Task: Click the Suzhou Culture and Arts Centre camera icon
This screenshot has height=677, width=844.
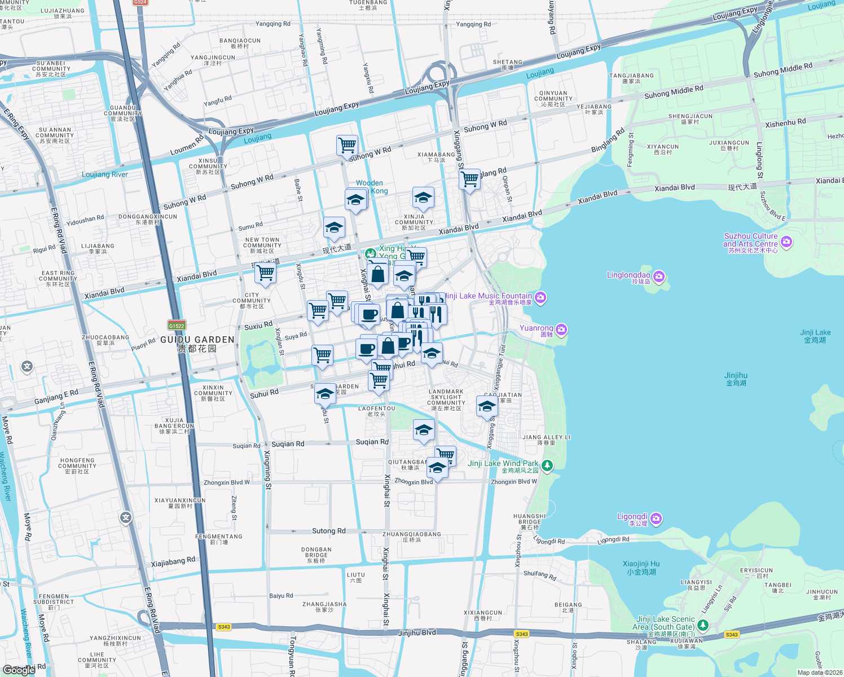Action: [x=786, y=242]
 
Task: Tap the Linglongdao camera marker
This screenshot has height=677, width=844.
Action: [x=659, y=276]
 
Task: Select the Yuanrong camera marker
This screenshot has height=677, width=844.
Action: [x=561, y=329]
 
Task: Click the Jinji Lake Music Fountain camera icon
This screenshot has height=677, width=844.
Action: [x=540, y=297]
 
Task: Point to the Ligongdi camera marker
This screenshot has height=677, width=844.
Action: [x=656, y=518]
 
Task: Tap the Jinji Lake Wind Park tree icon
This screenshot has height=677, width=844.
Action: [x=547, y=465]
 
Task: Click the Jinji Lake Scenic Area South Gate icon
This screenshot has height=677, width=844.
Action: [x=702, y=625]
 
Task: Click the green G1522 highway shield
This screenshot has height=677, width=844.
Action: [x=177, y=326]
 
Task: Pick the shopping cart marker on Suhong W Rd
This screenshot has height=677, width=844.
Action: [x=347, y=145]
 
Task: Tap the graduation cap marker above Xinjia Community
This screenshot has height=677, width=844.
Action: [x=423, y=198]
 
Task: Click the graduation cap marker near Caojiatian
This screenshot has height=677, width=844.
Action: [x=487, y=406]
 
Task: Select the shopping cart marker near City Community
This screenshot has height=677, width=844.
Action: [x=265, y=273]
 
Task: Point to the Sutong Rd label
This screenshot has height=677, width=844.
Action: [x=329, y=531]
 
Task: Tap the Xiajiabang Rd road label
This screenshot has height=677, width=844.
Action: [x=173, y=561]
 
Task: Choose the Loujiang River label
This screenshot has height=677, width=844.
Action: [x=104, y=174]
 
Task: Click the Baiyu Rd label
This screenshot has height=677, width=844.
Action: [x=281, y=596]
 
